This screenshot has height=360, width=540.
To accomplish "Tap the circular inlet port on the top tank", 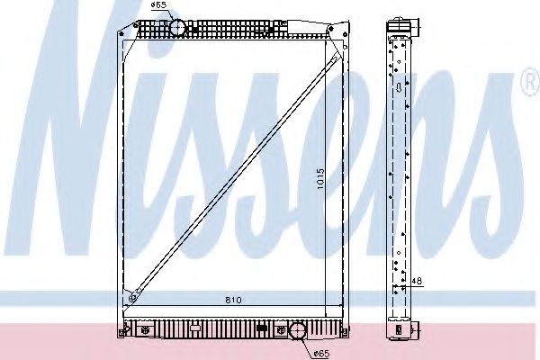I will click(x=178, y=27).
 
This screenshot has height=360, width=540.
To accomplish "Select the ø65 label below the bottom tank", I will click(x=322, y=351).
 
